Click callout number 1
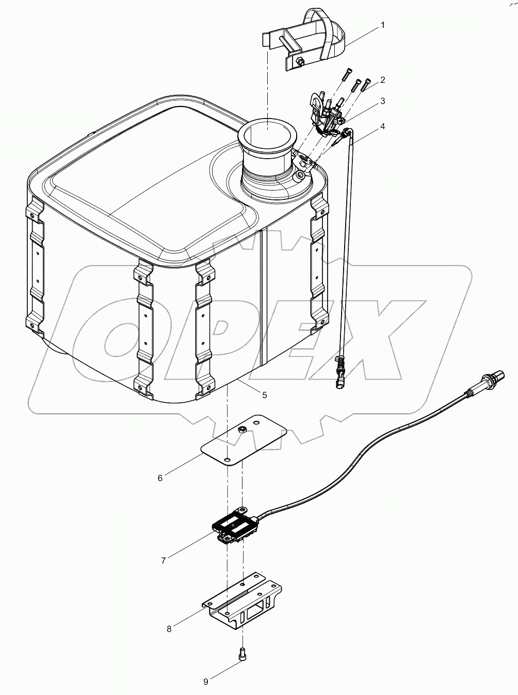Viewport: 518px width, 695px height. [382, 24]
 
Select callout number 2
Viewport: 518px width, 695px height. [383, 80]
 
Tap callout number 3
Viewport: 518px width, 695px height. [383, 101]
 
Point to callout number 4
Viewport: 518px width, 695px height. [383, 126]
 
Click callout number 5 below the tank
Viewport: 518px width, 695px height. [264, 395]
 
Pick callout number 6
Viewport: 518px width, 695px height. [160, 478]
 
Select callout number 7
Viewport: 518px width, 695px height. [164, 561]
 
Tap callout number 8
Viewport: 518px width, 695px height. [169, 629]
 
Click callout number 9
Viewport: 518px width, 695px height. [205, 682]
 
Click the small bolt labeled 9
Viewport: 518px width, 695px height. [242, 654]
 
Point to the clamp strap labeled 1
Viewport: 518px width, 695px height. [330, 31]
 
